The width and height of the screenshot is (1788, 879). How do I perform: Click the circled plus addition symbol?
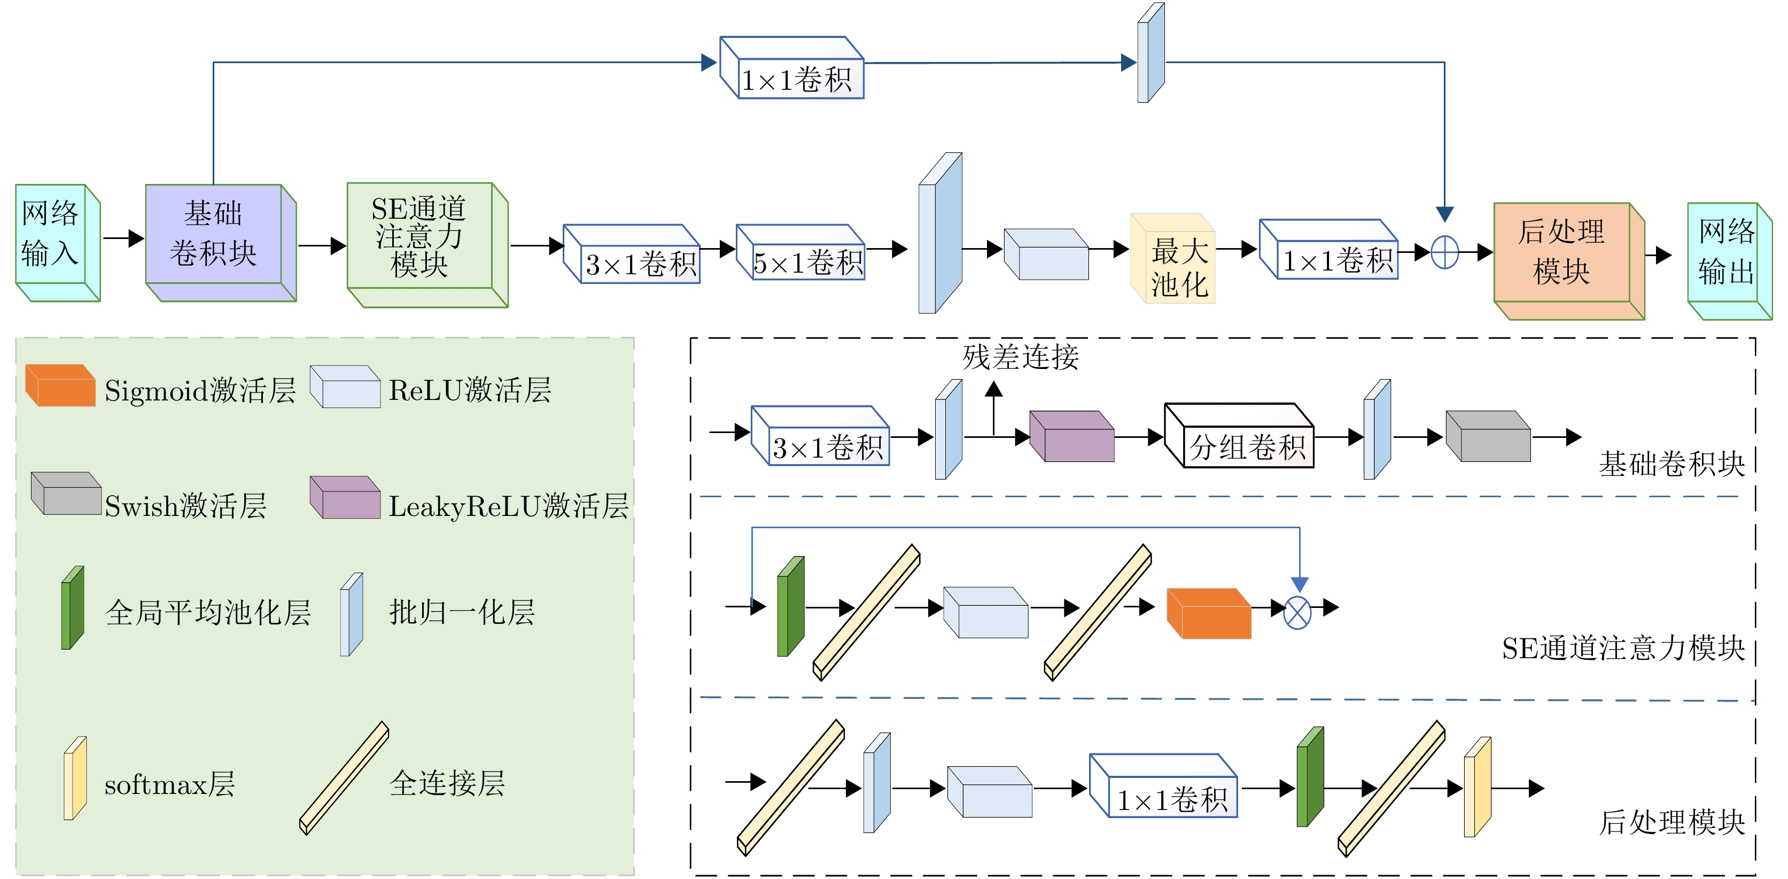(x=1444, y=251)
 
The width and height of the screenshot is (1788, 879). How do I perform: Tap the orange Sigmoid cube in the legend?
(x=61, y=386)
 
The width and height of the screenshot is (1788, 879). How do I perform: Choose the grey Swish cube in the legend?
(x=67, y=495)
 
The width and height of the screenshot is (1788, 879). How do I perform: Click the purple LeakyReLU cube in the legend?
(x=346, y=498)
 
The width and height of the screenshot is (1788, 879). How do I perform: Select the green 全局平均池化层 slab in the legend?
(x=72, y=608)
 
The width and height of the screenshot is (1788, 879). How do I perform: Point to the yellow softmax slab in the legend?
(x=75, y=779)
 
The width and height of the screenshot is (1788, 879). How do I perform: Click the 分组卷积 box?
(x=1240, y=437)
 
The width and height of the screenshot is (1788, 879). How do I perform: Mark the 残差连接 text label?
(x=1020, y=357)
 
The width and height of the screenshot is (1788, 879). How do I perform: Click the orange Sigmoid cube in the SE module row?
(x=1209, y=614)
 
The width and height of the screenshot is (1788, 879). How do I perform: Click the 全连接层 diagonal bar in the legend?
(x=344, y=777)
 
